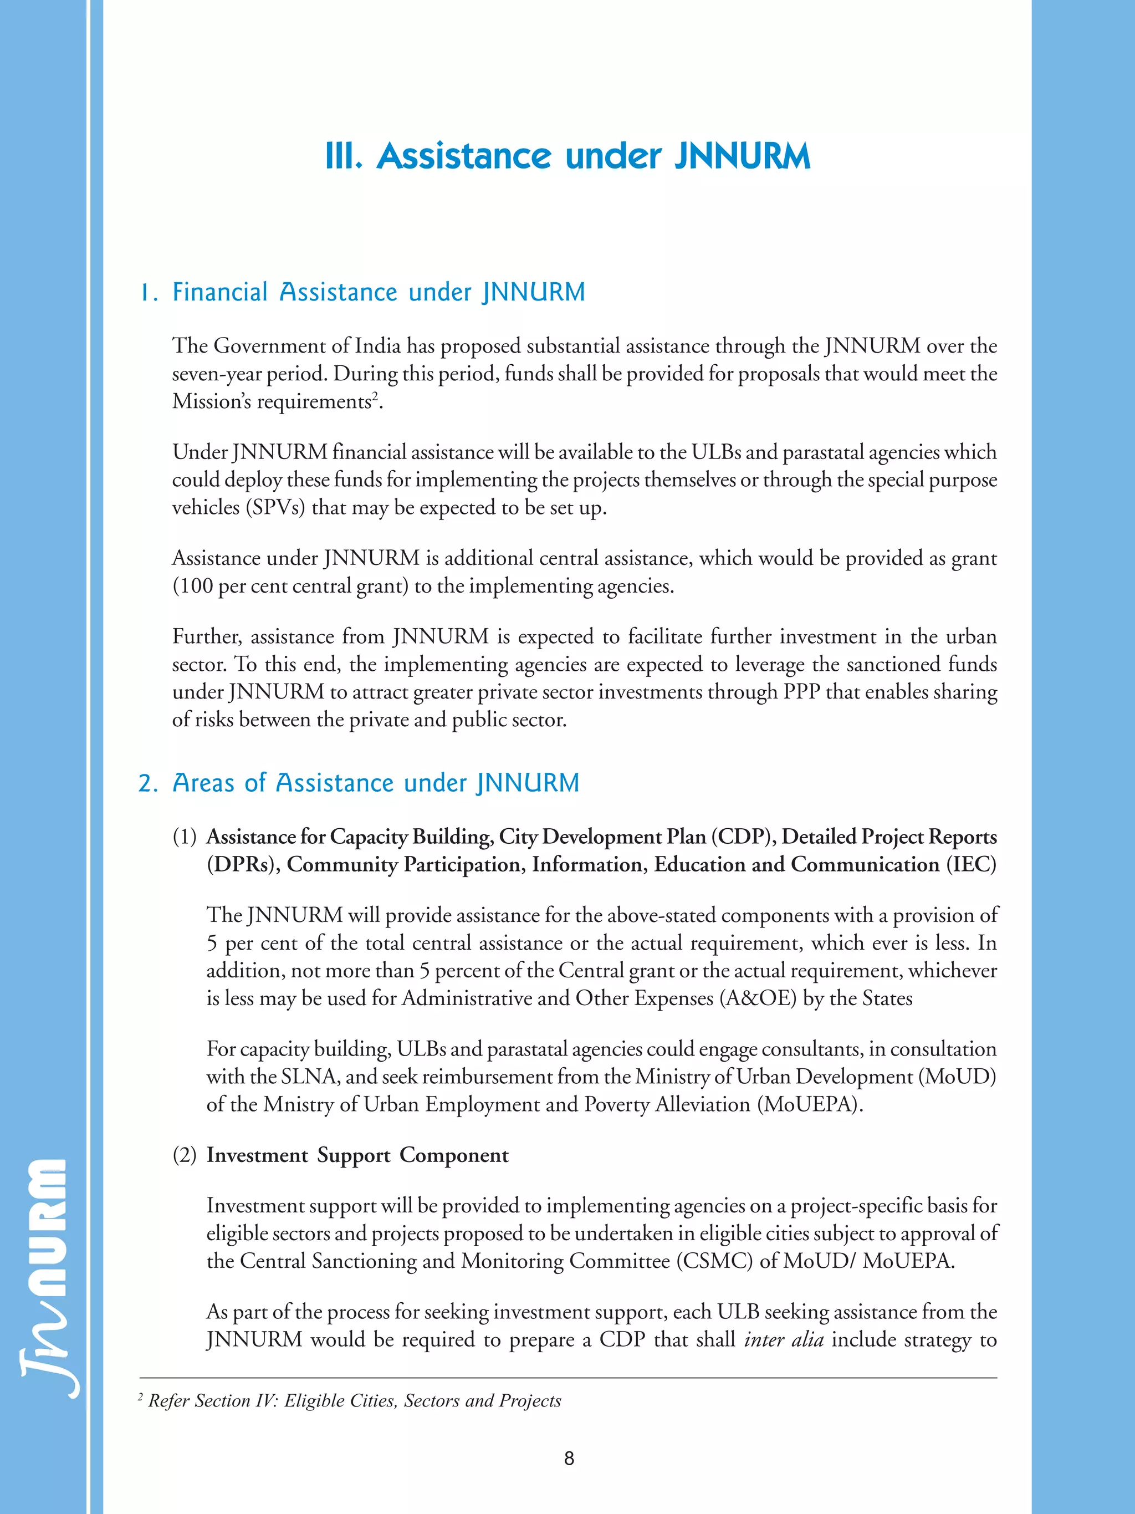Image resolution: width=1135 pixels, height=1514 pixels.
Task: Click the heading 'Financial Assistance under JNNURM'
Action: pyautogui.click(x=379, y=292)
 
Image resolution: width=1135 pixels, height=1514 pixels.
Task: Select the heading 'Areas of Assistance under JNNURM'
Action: pyautogui.click(x=376, y=783)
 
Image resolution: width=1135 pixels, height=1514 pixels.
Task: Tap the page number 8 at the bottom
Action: pyautogui.click(x=569, y=1458)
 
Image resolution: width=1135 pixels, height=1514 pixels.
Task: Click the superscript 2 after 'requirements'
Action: pyautogui.click(x=375, y=397)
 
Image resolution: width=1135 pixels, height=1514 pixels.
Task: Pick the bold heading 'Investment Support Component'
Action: pyautogui.click(x=357, y=1155)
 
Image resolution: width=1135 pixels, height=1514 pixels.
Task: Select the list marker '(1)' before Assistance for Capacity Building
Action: pyautogui.click(x=184, y=837)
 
